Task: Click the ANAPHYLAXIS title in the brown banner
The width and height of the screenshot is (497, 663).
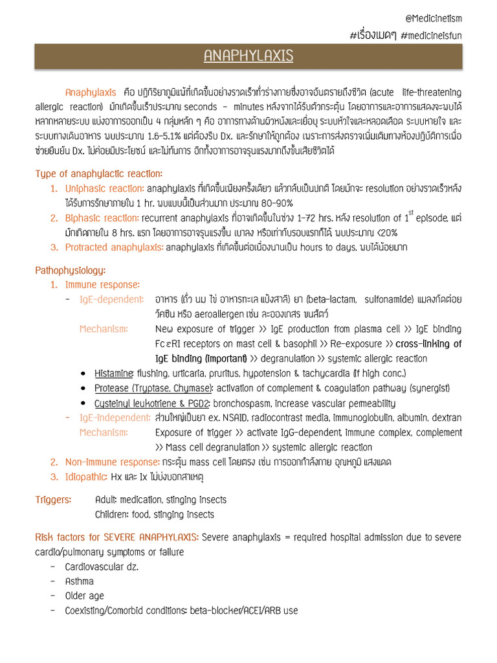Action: pyautogui.click(x=248, y=56)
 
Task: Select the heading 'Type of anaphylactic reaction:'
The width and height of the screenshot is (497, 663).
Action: pyautogui.click(x=99, y=174)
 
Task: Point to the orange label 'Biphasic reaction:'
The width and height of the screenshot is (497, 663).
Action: pyautogui.click(x=102, y=218)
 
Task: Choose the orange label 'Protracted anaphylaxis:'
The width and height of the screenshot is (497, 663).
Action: pyautogui.click(x=115, y=247)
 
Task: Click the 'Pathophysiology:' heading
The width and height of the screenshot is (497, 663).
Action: pyautogui.click(x=71, y=270)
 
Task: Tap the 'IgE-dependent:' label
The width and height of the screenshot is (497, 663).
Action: pyautogui.click(x=111, y=299)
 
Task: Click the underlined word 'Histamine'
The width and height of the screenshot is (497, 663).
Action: pyautogui.click(x=114, y=374)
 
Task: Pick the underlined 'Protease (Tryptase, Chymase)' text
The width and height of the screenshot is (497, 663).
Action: pyautogui.click(x=153, y=388)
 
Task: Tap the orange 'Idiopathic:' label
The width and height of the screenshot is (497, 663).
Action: pyautogui.click(x=87, y=477)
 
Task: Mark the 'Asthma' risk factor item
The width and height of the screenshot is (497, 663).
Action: pyautogui.click(x=80, y=581)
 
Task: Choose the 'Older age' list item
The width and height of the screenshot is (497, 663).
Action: pyautogui.click(x=85, y=596)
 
